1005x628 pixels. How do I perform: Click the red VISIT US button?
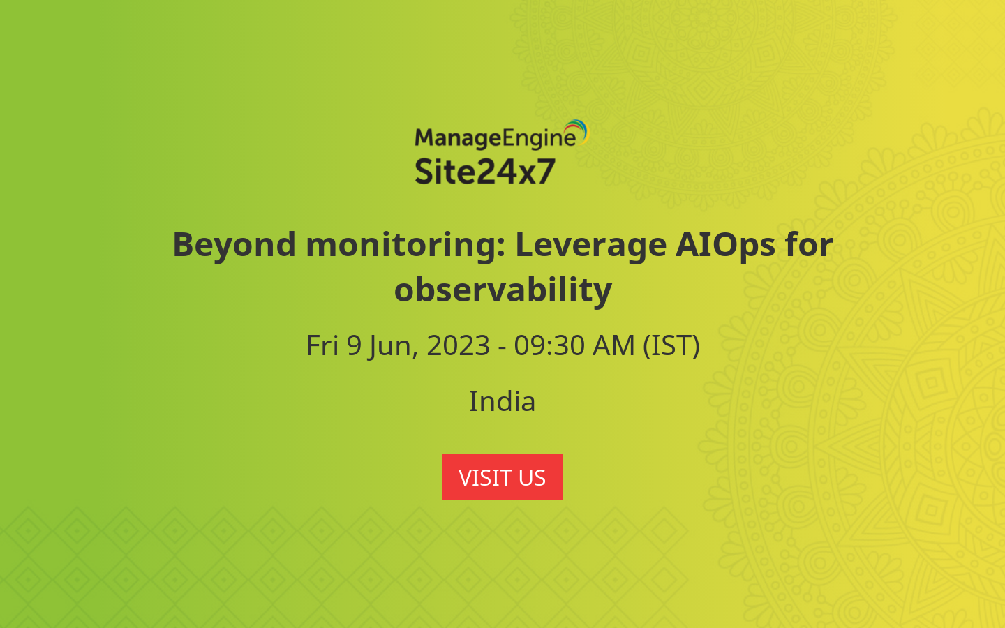[502, 477]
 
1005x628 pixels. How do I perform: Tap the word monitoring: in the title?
[405, 245]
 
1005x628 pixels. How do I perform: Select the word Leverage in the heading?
[590, 245]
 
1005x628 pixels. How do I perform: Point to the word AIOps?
[725, 245]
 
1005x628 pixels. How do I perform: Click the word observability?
[502, 290]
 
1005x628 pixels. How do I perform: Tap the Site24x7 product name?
[485, 171]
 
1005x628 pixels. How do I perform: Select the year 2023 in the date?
[459, 345]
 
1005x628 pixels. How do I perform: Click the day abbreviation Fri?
[322, 345]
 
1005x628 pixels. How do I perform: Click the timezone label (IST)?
[671, 345]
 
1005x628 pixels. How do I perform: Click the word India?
[502, 401]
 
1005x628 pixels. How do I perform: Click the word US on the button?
[532, 477]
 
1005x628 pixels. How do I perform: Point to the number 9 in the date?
[355, 345]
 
